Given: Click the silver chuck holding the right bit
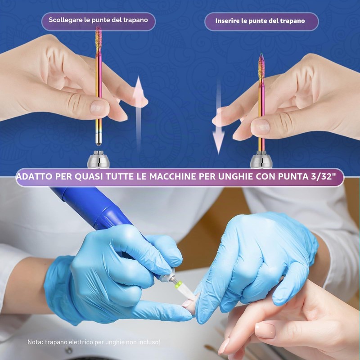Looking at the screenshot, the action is pyautogui.click(x=261, y=160).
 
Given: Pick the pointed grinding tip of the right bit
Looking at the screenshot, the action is pyautogui.click(x=261, y=68).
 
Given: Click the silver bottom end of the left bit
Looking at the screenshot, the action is pyautogui.click(x=99, y=139).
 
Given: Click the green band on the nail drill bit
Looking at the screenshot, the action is pyautogui.click(x=178, y=284).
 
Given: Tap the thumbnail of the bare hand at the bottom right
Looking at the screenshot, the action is pyautogui.click(x=265, y=331).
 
